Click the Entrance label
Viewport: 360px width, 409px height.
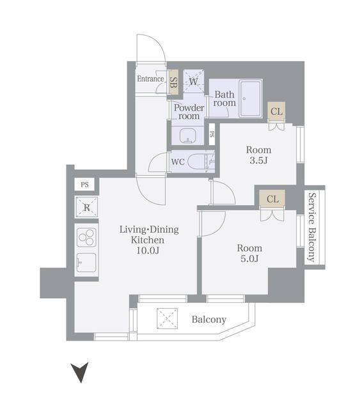click(150, 79)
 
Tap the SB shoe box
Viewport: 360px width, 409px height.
click(173, 82)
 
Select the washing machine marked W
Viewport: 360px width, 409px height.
click(194, 81)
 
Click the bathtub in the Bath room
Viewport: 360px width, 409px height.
click(251, 98)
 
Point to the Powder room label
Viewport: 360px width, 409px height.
click(189, 112)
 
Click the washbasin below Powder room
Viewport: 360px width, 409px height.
click(187, 135)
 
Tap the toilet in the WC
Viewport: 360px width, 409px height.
click(201, 161)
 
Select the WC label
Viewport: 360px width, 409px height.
click(178, 162)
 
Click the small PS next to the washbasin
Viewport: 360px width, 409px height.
click(212, 134)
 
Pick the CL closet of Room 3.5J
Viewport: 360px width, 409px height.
click(276, 111)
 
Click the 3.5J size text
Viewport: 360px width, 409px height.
click(258, 160)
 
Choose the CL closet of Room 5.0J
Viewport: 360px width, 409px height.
click(272, 199)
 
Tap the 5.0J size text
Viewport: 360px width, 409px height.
click(249, 258)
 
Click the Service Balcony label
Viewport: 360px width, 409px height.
click(311, 228)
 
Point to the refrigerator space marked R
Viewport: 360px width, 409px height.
click(87, 207)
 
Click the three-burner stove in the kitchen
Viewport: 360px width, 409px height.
click(86, 237)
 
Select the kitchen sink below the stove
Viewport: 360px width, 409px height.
click(86, 263)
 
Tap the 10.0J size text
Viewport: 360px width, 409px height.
click(148, 251)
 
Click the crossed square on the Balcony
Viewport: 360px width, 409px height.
click(167, 318)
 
